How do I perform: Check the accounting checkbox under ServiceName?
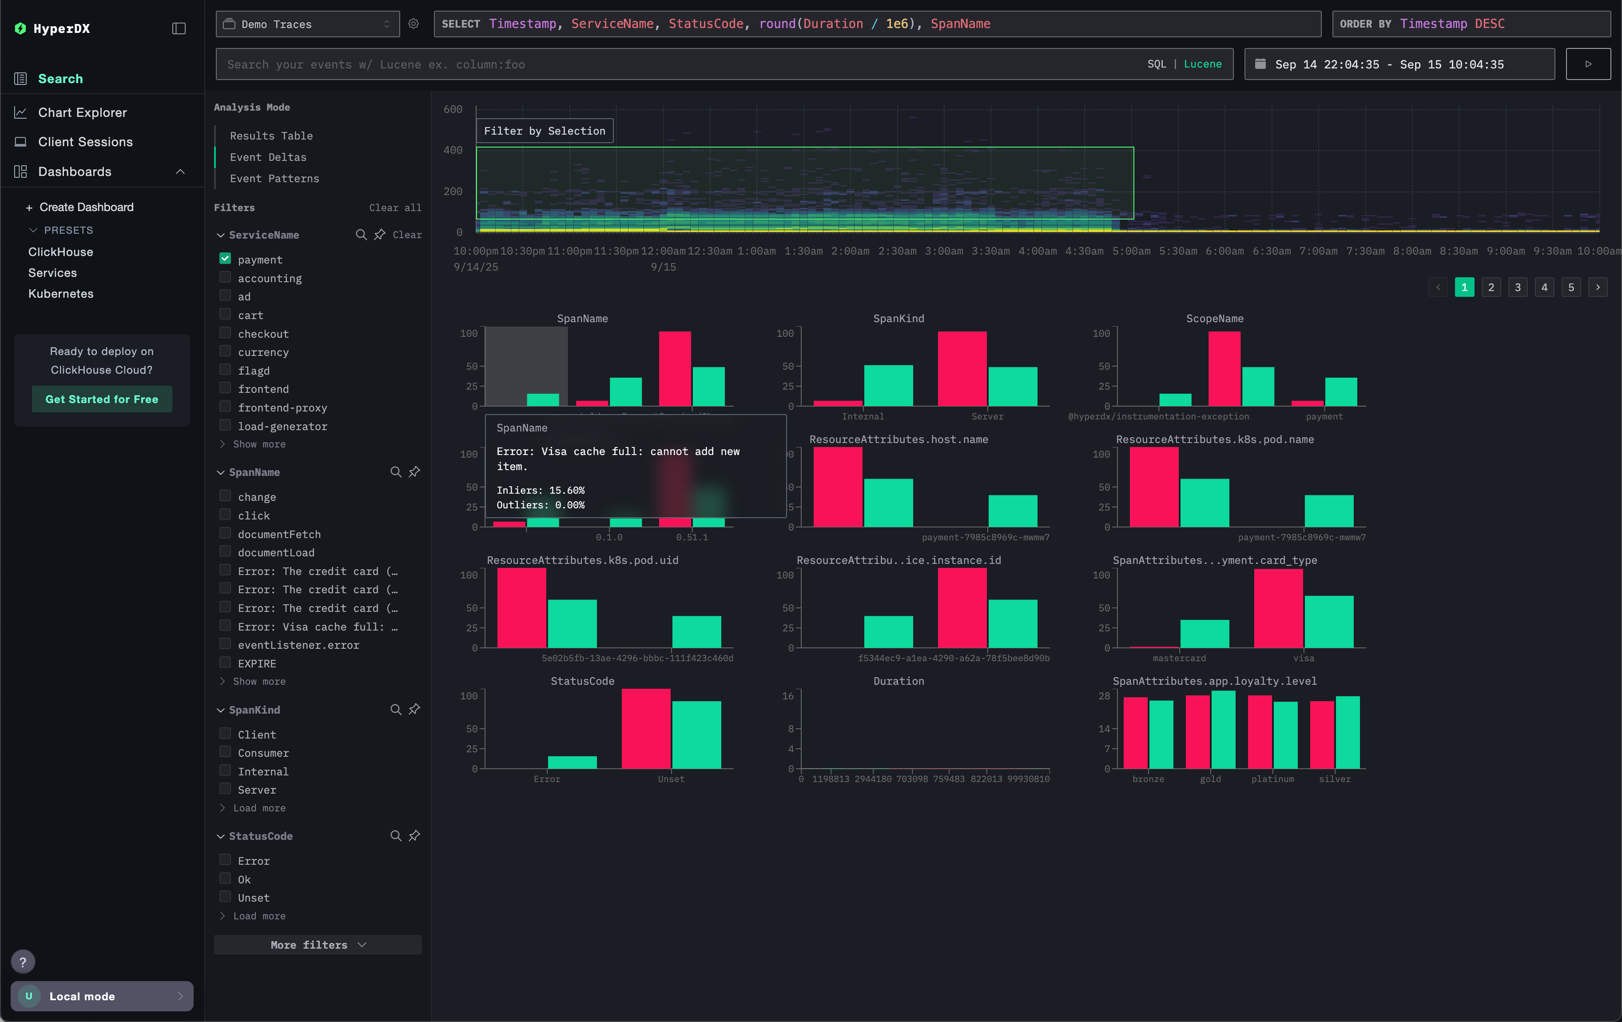click(x=225, y=278)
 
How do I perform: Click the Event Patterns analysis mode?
click(x=274, y=179)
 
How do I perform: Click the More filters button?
click(x=317, y=945)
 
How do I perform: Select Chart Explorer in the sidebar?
click(x=82, y=112)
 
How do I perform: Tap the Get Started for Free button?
click(x=102, y=399)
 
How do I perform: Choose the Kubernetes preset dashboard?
click(x=60, y=294)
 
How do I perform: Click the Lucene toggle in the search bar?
click(x=1202, y=64)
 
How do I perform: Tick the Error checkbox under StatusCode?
click(x=225, y=860)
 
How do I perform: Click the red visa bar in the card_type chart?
click(x=1278, y=608)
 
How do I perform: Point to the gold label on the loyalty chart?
click(x=1210, y=779)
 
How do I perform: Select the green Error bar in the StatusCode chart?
click(x=572, y=762)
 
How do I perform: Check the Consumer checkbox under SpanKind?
click(x=225, y=753)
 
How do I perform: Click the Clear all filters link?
click(x=395, y=208)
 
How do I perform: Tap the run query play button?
click(x=1588, y=64)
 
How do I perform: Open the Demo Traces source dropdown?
click(x=307, y=24)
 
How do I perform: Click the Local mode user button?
click(x=102, y=996)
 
